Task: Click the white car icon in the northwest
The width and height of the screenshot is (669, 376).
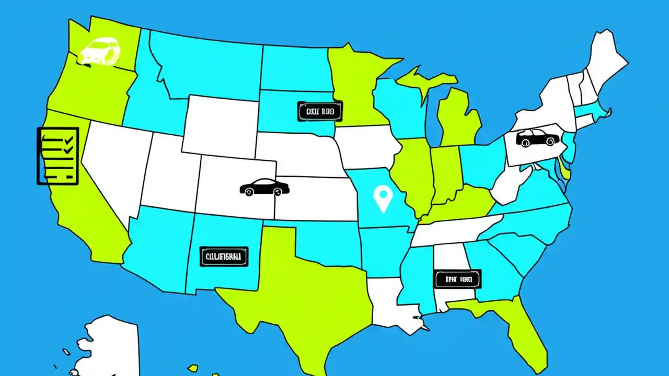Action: coord(99,51)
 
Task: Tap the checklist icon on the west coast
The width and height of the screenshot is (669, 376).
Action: coord(57,156)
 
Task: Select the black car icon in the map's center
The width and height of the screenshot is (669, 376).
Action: coord(264,187)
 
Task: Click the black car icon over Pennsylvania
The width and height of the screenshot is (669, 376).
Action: coord(537,138)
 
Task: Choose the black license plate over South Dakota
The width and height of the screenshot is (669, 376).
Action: coord(319,111)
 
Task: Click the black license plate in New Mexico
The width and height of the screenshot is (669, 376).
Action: coord(224,256)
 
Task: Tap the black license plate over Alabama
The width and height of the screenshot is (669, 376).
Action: coord(457,279)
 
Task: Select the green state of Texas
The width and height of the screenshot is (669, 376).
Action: coord(293,292)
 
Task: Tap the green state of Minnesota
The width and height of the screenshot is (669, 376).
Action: coord(355,84)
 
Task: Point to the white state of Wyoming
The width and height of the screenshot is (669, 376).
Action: coord(220,125)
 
